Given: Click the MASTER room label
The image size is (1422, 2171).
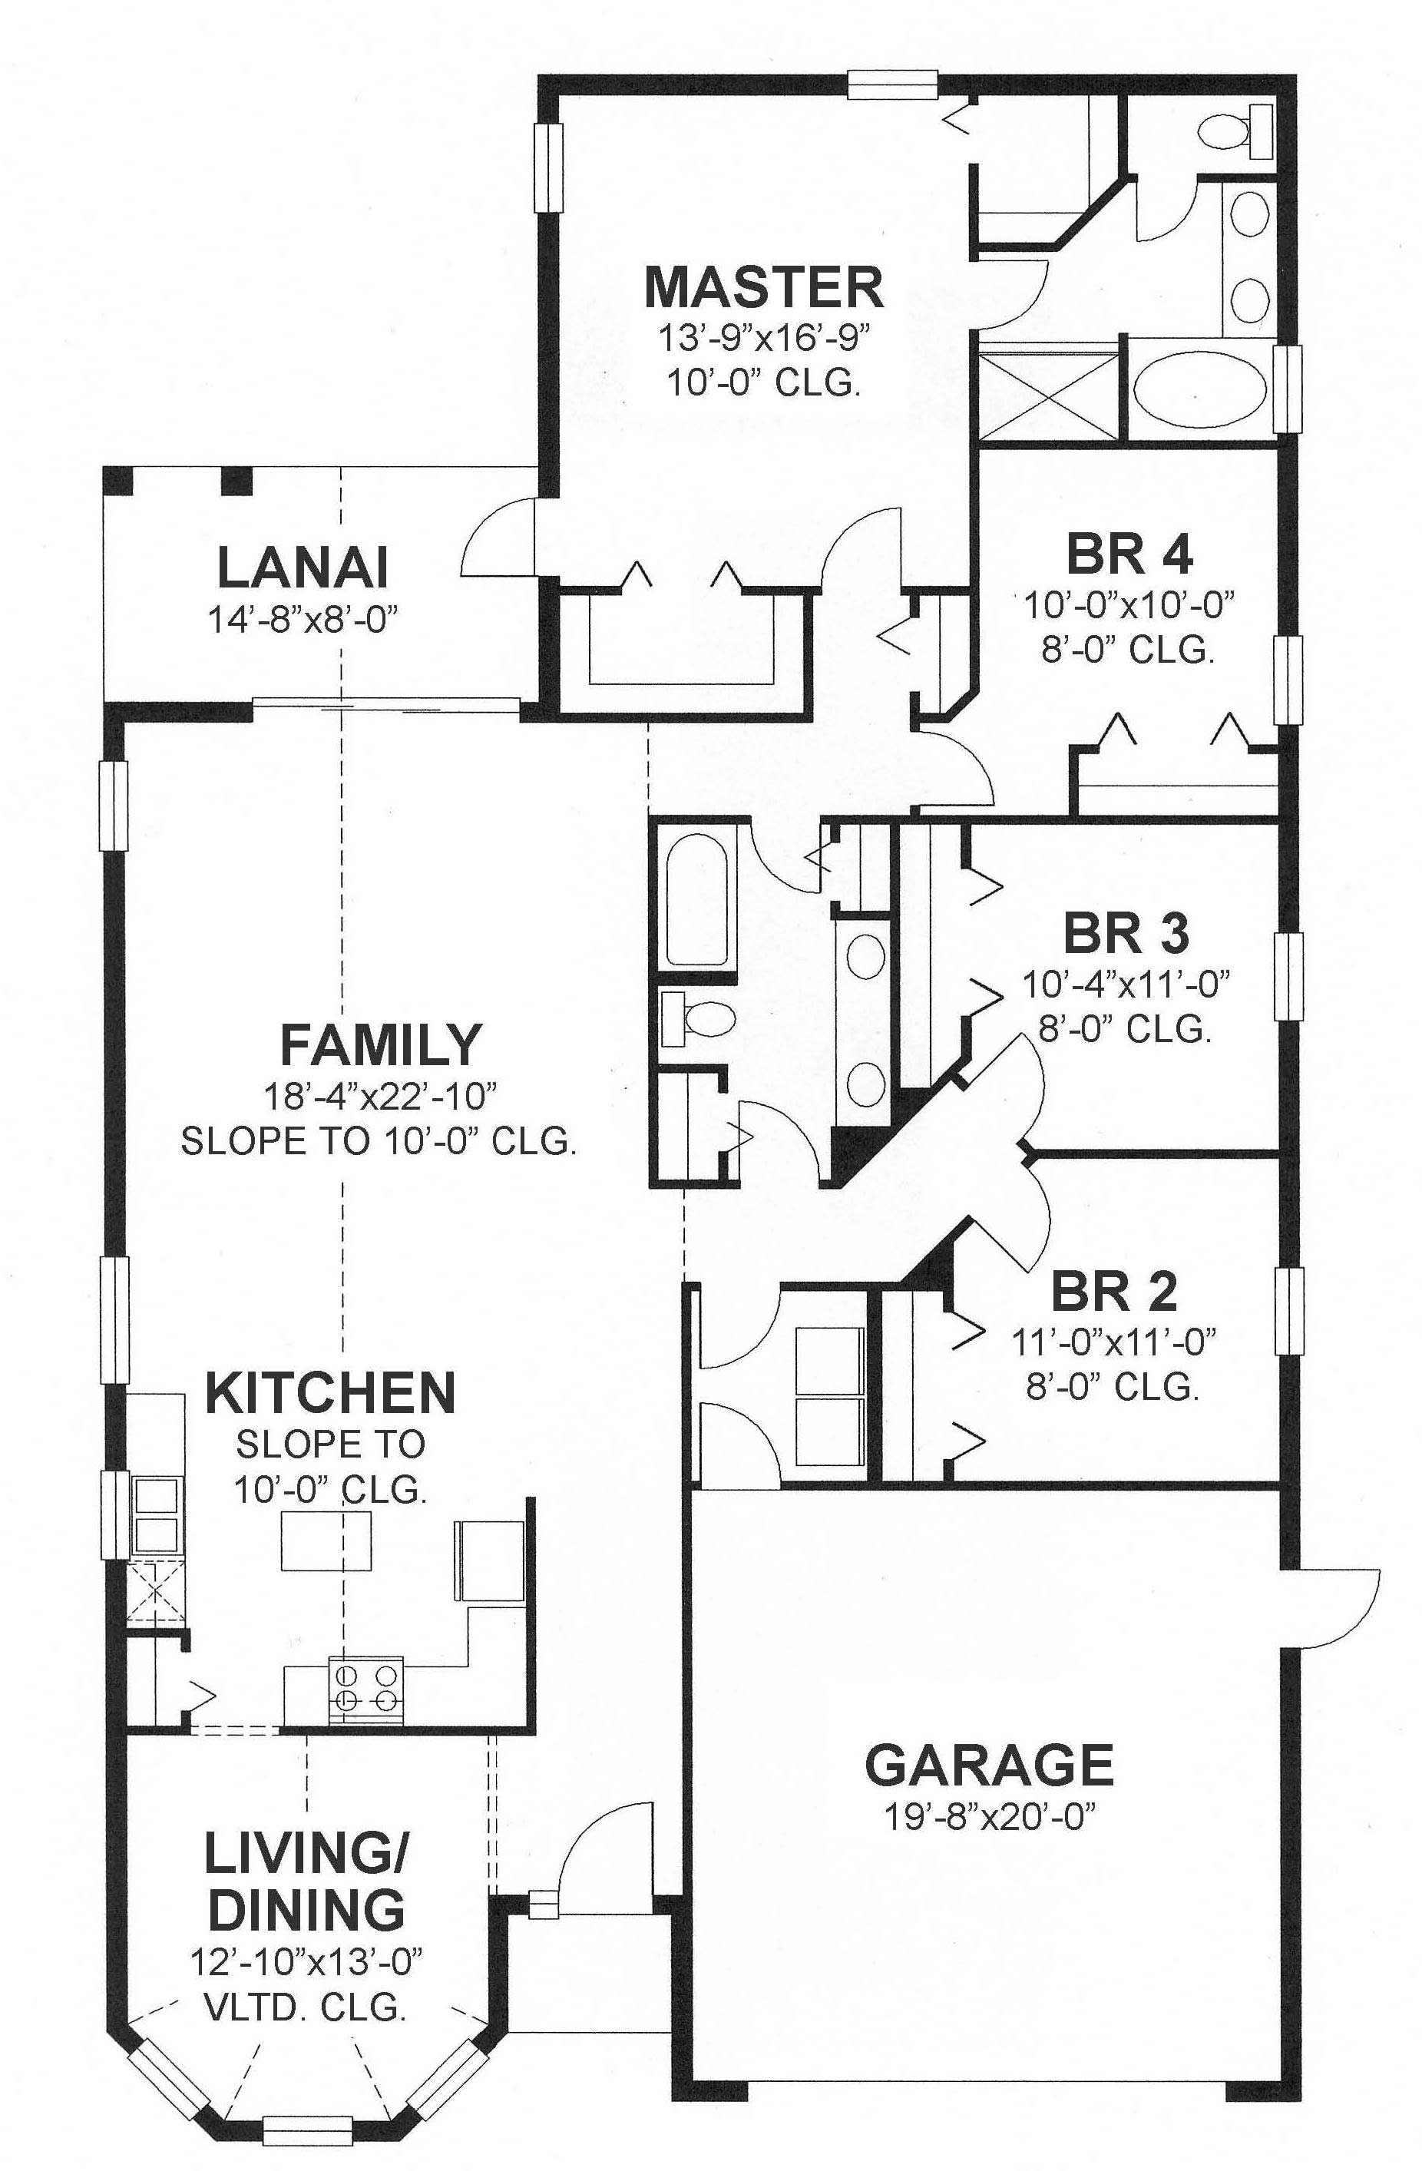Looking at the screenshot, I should [x=763, y=287].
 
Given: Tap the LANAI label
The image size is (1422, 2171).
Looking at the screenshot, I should [x=303, y=568].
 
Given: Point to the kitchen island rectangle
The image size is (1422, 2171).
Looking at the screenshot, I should [x=326, y=1541].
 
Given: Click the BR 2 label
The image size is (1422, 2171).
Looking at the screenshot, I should [x=1113, y=1292].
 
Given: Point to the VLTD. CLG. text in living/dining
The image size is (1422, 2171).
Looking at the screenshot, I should [x=306, y=2006].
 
